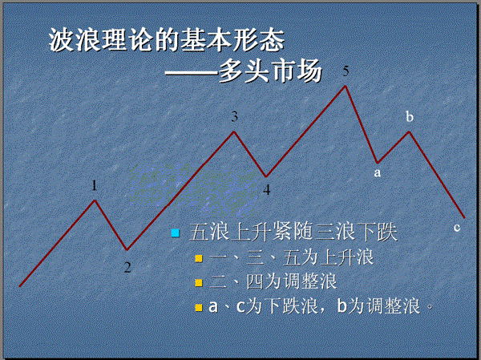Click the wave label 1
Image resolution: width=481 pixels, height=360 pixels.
click(94, 185)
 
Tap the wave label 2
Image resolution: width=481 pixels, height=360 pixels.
click(127, 267)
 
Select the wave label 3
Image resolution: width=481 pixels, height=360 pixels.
click(234, 116)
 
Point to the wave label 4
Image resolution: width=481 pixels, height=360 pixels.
click(267, 190)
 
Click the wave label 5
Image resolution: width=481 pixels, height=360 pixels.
click(346, 71)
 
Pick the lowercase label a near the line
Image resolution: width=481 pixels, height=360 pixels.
click(378, 173)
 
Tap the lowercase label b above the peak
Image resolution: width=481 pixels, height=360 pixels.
click(410, 116)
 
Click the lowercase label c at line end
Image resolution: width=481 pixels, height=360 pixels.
click(457, 228)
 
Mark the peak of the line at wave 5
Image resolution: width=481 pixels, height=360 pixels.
click(346, 87)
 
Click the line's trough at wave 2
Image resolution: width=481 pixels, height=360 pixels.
click(127, 249)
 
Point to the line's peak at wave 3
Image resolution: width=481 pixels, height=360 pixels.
click(234, 132)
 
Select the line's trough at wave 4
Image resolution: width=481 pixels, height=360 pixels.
click(266, 176)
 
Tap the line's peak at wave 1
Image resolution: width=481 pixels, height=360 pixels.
click(95, 200)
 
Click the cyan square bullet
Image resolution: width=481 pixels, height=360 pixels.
click(175, 233)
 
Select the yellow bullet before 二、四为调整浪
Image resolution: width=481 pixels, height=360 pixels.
click(199, 282)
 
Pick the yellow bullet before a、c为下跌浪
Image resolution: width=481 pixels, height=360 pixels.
click(199, 307)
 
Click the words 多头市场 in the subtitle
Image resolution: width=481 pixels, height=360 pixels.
click(270, 71)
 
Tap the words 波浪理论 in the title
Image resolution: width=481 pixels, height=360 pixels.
click(102, 40)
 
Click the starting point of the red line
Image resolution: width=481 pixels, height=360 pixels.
click(20, 286)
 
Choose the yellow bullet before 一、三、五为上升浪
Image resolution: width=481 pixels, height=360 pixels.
click(199, 258)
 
